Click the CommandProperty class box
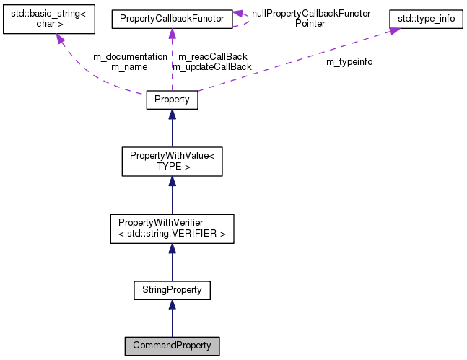coord(171,345)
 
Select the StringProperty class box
coord(171,290)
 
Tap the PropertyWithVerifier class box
coord(171,228)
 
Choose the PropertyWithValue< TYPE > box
coord(171,161)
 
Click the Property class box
coord(171,100)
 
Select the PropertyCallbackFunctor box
coord(171,17)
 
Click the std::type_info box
coord(426,17)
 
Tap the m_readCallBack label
coord(212,56)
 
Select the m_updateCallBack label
coord(212,66)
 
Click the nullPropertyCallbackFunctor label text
coord(311,13)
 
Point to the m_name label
coord(129,66)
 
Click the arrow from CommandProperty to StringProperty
coord(171,318)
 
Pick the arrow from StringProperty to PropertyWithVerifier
coord(171,260)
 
